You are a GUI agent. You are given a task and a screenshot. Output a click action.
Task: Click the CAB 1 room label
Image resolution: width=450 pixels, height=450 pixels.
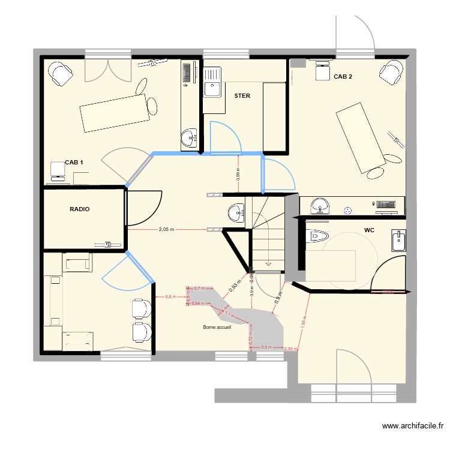[74, 163]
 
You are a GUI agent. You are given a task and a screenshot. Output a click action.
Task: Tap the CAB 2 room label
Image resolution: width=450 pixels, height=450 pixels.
[343, 76]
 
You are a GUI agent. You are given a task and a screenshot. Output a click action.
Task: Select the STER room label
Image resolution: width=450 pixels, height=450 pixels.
[242, 95]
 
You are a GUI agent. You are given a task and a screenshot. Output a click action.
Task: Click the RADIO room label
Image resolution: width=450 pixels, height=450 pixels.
[80, 209]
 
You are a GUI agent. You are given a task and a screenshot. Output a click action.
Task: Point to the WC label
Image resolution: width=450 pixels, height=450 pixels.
[370, 230]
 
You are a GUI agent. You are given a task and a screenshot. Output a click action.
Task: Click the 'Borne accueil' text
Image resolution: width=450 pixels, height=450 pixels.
[217, 327]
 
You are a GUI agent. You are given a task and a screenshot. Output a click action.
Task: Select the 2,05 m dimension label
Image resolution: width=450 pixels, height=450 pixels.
[167, 229]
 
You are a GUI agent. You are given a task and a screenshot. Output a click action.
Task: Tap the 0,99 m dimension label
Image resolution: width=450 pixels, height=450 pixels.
[238, 174]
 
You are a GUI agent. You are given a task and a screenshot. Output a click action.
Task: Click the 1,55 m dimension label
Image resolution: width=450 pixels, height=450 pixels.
[304, 323]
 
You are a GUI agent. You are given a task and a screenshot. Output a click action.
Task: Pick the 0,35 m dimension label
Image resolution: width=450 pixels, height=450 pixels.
[290, 349]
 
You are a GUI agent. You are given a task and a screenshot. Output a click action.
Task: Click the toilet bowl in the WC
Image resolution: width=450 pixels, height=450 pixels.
[317, 236]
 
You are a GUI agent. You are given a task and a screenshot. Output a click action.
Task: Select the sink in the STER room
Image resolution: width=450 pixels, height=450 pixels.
[212, 89]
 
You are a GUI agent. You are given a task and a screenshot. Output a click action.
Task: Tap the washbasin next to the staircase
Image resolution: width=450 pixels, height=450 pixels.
[236, 211]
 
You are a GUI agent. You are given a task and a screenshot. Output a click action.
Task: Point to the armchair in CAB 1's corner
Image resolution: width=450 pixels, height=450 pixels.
[59, 74]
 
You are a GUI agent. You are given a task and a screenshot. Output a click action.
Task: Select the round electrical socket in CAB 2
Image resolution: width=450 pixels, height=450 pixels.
[347, 211]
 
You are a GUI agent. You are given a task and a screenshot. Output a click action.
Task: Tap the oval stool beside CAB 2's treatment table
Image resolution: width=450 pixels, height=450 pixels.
[376, 173]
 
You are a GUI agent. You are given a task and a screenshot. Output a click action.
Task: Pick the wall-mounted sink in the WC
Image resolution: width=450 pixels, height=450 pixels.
[398, 241]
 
